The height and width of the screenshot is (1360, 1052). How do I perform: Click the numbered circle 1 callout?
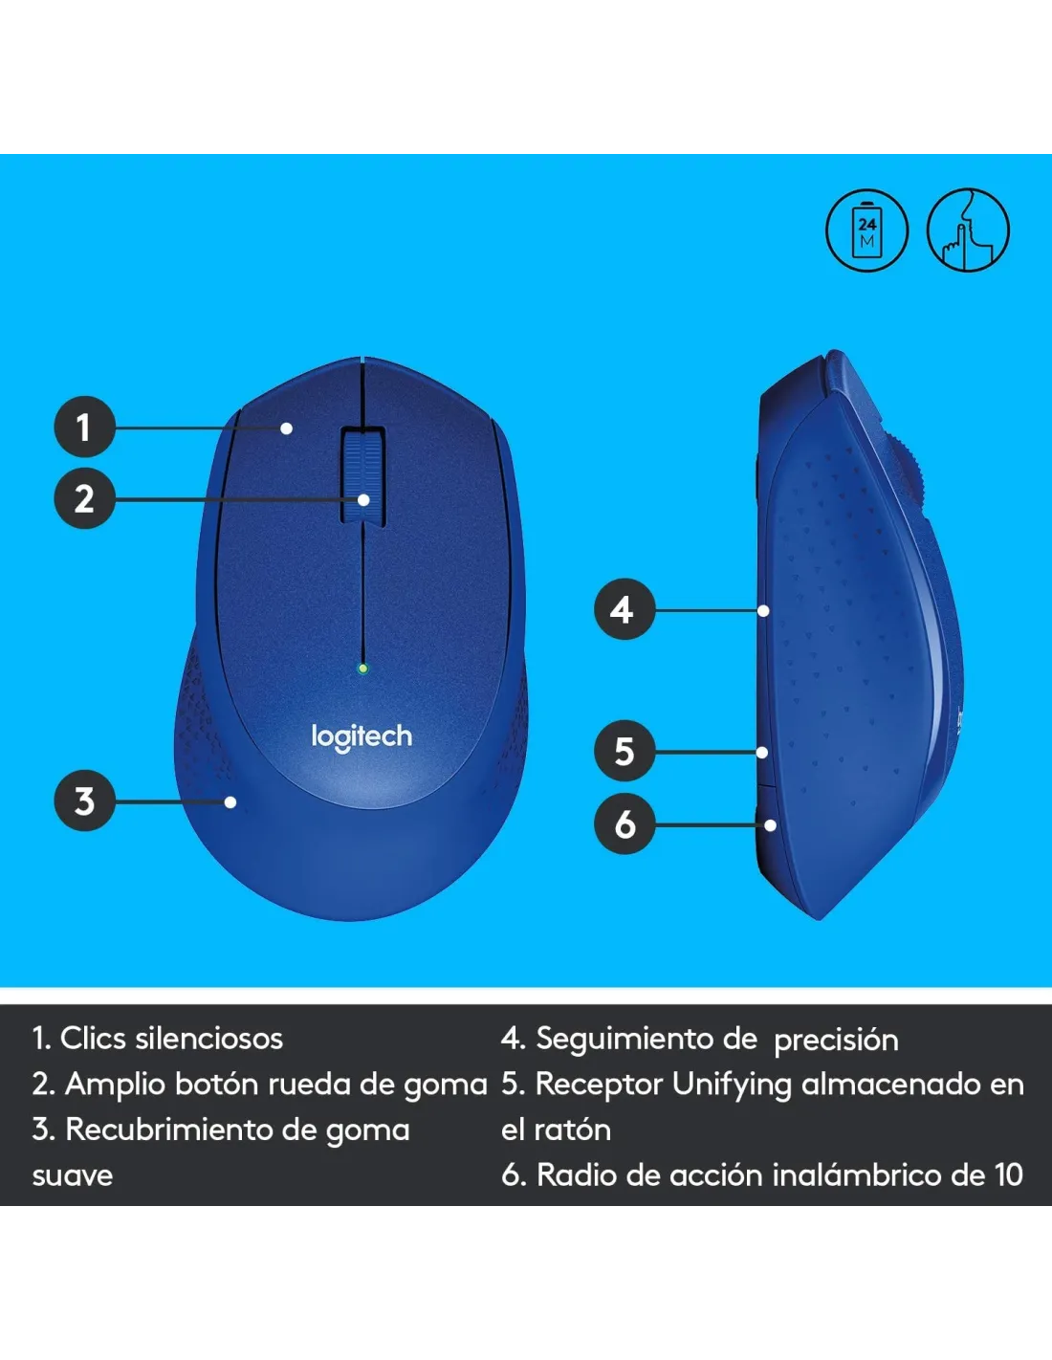(x=84, y=427)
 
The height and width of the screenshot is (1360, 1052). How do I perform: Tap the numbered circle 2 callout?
(x=84, y=498)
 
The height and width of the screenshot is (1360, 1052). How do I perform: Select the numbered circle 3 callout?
(x=84, y=801)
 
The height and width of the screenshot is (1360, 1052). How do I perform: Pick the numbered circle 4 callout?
(x=624, y=609)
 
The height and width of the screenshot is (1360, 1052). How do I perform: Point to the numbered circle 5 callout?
(x=624, y=751)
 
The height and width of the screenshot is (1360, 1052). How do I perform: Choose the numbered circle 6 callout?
(x=624, y=823)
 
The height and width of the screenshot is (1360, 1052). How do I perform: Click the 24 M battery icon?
(x=866, y=230)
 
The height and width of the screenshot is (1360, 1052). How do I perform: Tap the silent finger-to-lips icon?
(x=968, y=230)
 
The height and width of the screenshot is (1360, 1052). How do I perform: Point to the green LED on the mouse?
(x=362, y=669)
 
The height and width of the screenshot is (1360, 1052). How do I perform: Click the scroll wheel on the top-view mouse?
(x=362, y=473)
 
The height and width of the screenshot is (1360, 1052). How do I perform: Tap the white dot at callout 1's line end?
(x=287, y=428)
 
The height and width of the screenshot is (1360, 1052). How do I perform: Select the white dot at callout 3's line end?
(x=230, y=801)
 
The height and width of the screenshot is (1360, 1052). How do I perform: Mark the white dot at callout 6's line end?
(x=771, y=825)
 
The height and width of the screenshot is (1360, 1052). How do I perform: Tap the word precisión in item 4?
(x=836, y=1041)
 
